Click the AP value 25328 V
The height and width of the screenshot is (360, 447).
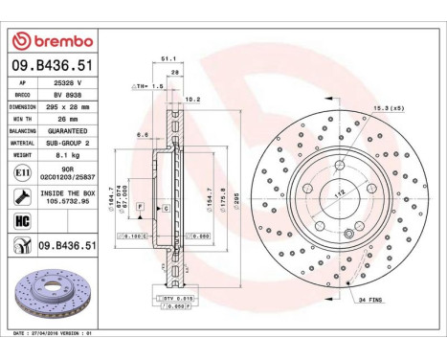pos(68,83)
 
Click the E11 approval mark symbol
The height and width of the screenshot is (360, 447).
pos(21,173)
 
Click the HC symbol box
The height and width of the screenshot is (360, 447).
pos(21,222)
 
